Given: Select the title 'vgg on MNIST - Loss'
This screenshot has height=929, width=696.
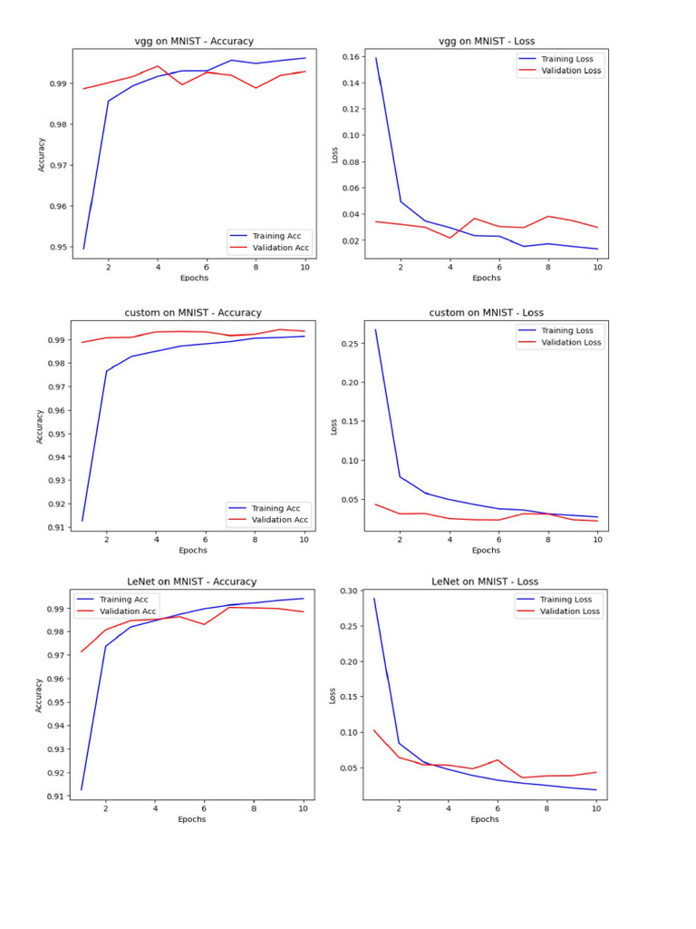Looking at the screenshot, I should click(487, 41).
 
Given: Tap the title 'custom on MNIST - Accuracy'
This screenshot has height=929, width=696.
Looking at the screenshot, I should click(192, 313).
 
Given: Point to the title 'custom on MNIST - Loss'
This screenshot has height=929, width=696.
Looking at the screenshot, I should click(486, 313).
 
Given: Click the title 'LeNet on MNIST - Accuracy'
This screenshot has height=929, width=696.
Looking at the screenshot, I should click(191, 582).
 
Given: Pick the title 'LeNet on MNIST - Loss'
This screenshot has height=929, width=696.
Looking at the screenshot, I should click(485, 582).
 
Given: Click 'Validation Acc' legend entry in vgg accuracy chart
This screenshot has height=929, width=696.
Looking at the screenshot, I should click(280, 248).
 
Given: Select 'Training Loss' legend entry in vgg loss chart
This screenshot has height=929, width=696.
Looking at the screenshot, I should click(566, 59).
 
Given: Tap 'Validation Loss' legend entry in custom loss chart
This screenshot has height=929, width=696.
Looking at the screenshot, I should click(570, 342).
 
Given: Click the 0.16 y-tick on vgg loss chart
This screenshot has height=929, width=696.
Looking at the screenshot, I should click(351, 56).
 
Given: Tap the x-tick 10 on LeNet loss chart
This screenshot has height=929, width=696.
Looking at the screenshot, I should click(595, 807).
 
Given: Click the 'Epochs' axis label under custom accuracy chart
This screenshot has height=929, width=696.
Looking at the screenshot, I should click(192, 550).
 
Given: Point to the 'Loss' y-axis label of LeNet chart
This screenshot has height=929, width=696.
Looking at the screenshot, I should click(333, 696).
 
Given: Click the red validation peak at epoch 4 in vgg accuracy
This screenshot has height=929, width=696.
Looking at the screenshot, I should click(158, 66).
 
